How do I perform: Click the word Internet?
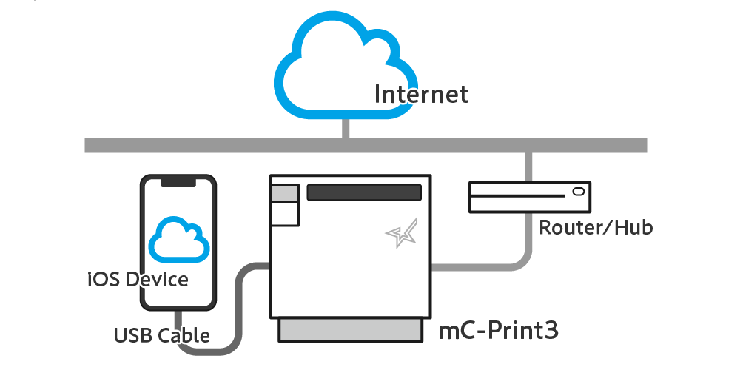[422, 94]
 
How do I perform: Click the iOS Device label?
[138, 280]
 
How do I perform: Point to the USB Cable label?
[162, 335]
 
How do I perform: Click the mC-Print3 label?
[498, 331]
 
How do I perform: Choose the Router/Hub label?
[596, 227]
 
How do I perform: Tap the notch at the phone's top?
[178, 182]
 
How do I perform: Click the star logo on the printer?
[402, 232]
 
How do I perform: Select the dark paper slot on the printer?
[364, 192]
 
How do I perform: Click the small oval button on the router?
[579, 191]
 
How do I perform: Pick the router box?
[530, 197]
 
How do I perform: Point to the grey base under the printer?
[350, 329]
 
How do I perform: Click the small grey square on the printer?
[285, 193]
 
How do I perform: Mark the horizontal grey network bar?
[366, 145]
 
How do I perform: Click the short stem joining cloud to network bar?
[346, 128]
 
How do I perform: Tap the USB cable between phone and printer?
[238, 307]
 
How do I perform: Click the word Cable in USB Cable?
[184, 335]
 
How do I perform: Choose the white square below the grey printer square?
[285, 215]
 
